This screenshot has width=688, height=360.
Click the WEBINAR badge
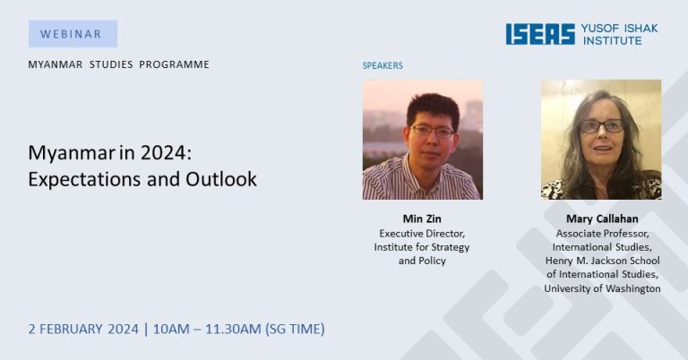73,34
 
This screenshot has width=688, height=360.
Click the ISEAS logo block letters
540,34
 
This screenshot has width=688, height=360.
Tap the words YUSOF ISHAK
620,29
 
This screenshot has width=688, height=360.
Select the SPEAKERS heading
383,65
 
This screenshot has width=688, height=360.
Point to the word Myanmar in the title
69,153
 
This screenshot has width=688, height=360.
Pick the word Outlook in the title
221,179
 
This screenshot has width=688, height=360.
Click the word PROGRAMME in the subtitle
174,64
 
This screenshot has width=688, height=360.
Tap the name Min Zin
422,219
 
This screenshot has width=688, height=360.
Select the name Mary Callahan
602,219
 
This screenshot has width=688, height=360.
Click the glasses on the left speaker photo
432,131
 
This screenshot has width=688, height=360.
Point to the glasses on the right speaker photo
602,126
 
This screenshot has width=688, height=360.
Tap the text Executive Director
422,234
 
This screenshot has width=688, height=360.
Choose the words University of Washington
602,288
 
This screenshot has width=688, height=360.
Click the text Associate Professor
602,234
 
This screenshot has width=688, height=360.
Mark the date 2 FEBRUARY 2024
83,329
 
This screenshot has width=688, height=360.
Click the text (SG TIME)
295,329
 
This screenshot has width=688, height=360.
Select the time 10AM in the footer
170,329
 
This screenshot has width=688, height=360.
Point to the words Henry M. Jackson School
602,261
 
